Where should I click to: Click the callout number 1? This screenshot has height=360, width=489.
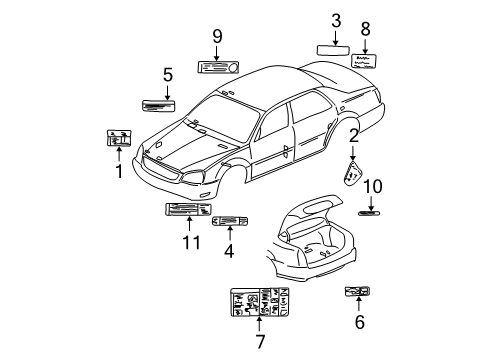coord(118,170)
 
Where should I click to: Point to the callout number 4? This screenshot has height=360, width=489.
coord(229,252)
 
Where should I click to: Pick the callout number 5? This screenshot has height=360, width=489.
coord(168,73)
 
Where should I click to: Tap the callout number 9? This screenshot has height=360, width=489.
coord(216,38)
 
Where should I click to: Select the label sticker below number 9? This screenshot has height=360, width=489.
coord(216,67)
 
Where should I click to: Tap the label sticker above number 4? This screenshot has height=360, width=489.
coord(230,222)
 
